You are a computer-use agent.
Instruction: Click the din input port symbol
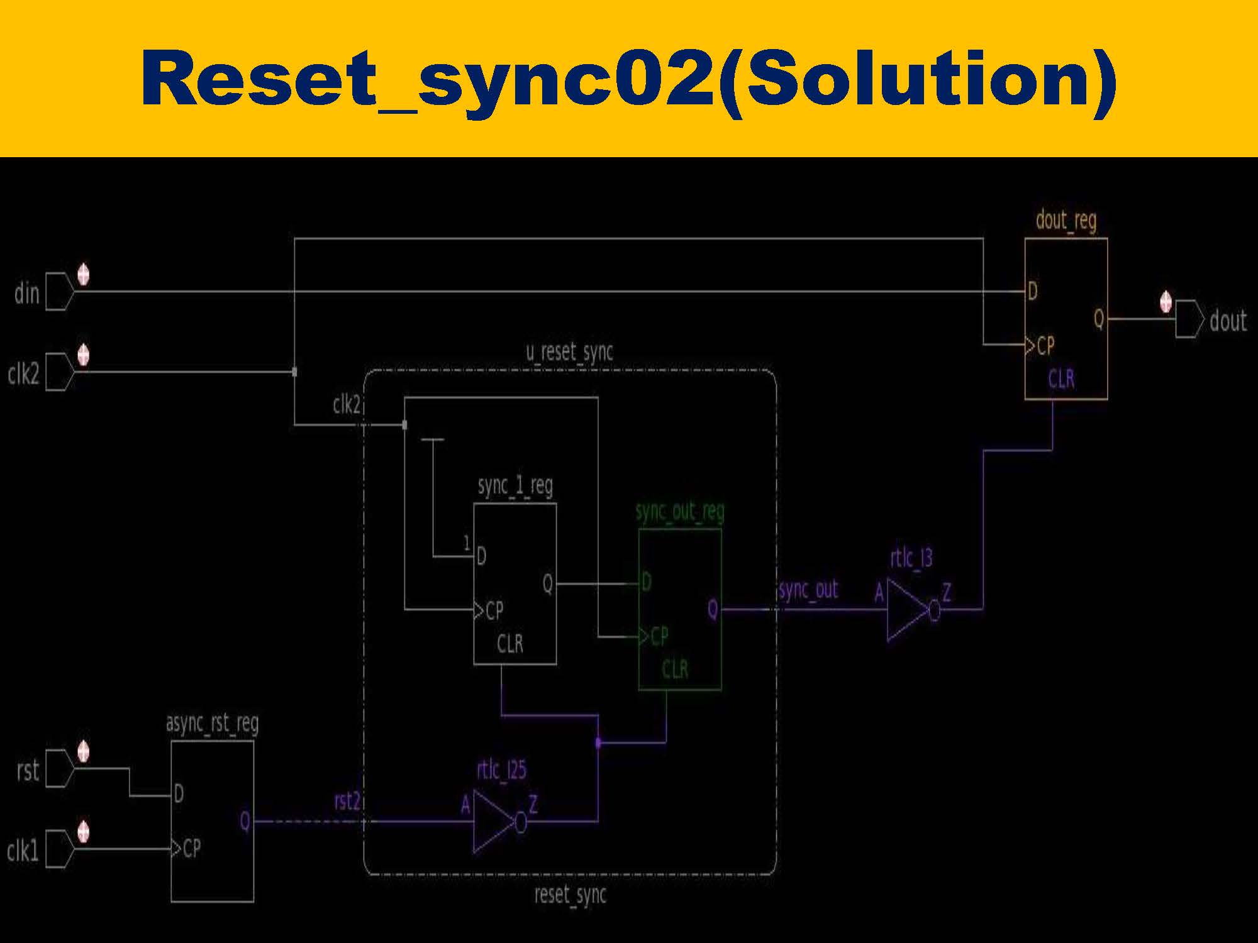59,292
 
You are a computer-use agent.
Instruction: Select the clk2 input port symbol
59,372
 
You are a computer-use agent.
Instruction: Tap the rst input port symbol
59,768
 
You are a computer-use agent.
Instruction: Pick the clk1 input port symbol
59,849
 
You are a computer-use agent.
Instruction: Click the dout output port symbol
1189,319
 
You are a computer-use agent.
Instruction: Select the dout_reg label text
1066,221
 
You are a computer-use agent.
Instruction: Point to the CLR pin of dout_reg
1061,379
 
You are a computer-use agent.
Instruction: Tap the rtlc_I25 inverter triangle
494,821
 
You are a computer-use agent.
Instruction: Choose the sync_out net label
808,590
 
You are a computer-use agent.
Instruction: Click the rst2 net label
347,802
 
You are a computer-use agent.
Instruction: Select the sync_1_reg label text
515,486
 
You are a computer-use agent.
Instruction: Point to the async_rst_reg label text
212,724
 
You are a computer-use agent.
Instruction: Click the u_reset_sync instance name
569,352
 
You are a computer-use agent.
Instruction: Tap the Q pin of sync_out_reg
712,609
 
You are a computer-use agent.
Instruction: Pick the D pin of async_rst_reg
179,795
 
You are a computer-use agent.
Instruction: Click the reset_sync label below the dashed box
570,894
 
